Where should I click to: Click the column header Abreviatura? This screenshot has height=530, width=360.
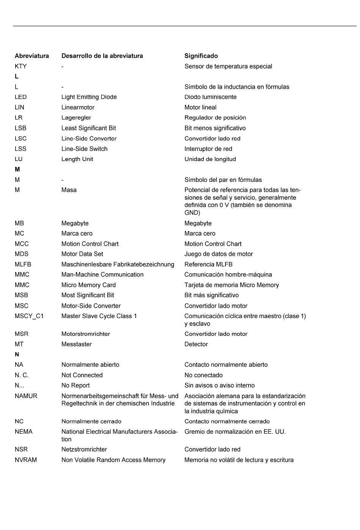(32, 56)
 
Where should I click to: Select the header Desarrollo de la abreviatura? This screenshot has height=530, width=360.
(102, 56)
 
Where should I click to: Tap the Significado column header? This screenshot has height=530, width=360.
(201, 56)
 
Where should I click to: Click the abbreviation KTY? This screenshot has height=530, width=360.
(20, 66)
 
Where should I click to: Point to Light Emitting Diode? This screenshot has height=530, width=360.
(89, 97)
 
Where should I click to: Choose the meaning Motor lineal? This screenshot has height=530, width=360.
(200, 107)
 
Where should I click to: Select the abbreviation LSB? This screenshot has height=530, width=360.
(20, 128)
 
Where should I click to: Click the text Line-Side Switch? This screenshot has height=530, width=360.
(84, 149)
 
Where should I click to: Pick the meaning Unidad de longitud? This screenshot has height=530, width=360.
(210, 159)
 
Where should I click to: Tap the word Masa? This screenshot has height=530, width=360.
(69, 190)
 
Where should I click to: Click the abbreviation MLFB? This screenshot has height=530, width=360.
(23, 264)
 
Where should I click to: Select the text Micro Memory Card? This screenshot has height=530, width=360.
(88, 285)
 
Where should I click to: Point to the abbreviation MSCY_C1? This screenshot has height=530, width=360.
(29, 316)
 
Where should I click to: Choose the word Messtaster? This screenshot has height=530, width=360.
(77, 344)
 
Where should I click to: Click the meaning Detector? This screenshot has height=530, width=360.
(196, 344)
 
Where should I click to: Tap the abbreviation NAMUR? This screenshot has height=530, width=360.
(26, 396)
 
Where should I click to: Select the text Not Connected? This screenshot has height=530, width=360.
(82, 375)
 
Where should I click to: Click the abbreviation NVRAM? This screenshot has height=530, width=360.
(25, 460)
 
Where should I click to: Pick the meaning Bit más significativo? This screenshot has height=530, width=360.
(211, 295)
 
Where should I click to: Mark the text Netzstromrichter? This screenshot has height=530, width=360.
(84, 450)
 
